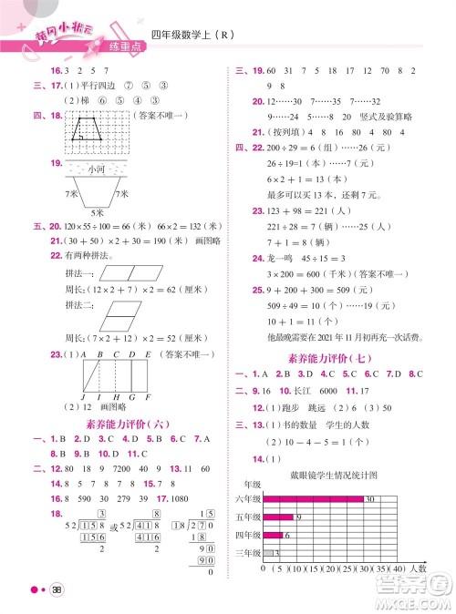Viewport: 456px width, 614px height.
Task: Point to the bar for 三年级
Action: pyautogui.click(x=266, y=552)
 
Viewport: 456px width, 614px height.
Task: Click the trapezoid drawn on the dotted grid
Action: pyautogui.click(x=89, y=127)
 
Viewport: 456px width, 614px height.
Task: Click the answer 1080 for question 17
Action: pyautogui.click(x=177, y=500)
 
